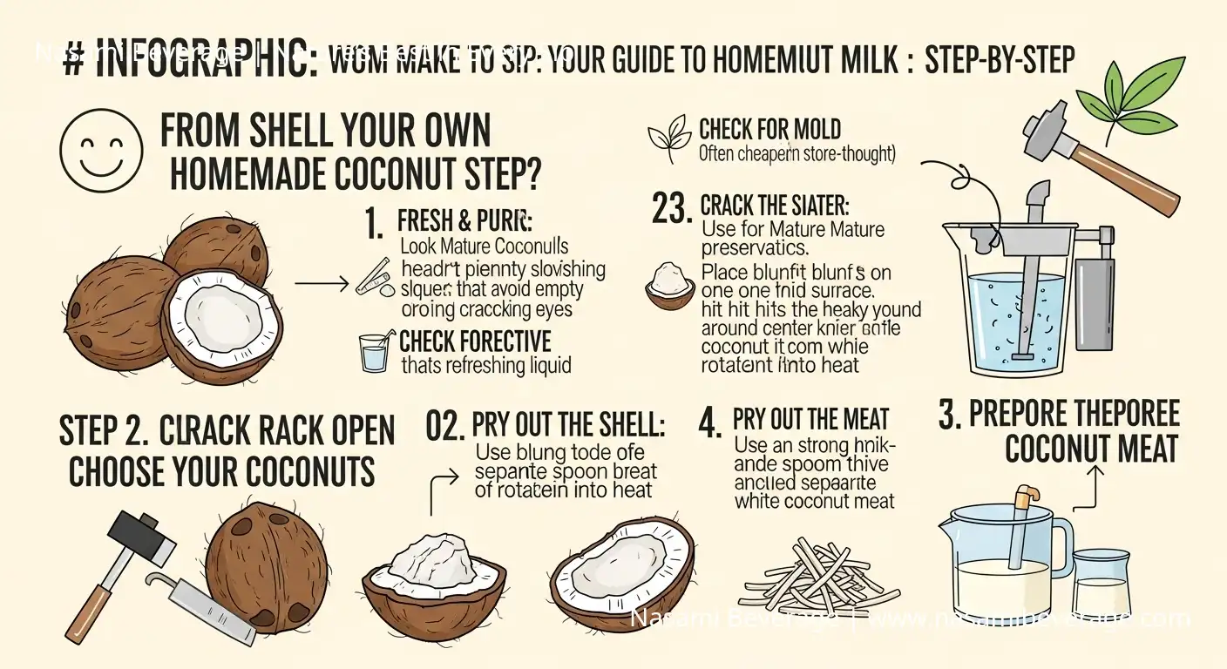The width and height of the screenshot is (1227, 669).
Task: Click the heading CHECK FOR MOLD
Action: (769, 131)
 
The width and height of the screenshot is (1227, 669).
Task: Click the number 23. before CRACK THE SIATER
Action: (673, 207)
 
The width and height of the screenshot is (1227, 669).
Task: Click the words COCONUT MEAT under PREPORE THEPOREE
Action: (1090, 449)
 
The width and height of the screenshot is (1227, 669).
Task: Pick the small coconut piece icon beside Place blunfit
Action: (669, 285)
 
